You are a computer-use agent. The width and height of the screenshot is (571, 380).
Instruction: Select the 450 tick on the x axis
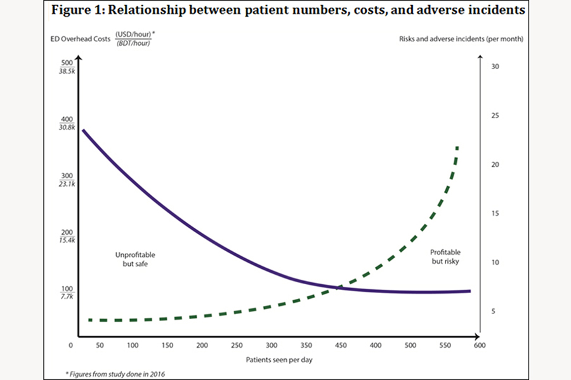tap(341, 345)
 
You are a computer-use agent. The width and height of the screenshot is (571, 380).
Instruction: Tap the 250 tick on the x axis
tap(237, 345)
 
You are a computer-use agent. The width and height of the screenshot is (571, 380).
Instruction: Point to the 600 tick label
tap(480, 345)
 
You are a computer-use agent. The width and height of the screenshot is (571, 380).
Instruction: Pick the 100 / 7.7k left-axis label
tap(67, 292)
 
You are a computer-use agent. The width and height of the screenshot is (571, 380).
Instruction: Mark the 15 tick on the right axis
tap(496, 213)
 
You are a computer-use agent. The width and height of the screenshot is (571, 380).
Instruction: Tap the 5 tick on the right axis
tap(495, 311)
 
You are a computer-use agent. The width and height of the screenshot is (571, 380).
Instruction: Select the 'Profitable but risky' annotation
tap(444, 256)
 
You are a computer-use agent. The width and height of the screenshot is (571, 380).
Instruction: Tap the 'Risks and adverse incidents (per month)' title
tap(461, 39)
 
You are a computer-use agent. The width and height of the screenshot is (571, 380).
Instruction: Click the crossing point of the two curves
tap(339, 287)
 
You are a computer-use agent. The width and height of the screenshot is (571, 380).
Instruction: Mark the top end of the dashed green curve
tap(457, 147)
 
